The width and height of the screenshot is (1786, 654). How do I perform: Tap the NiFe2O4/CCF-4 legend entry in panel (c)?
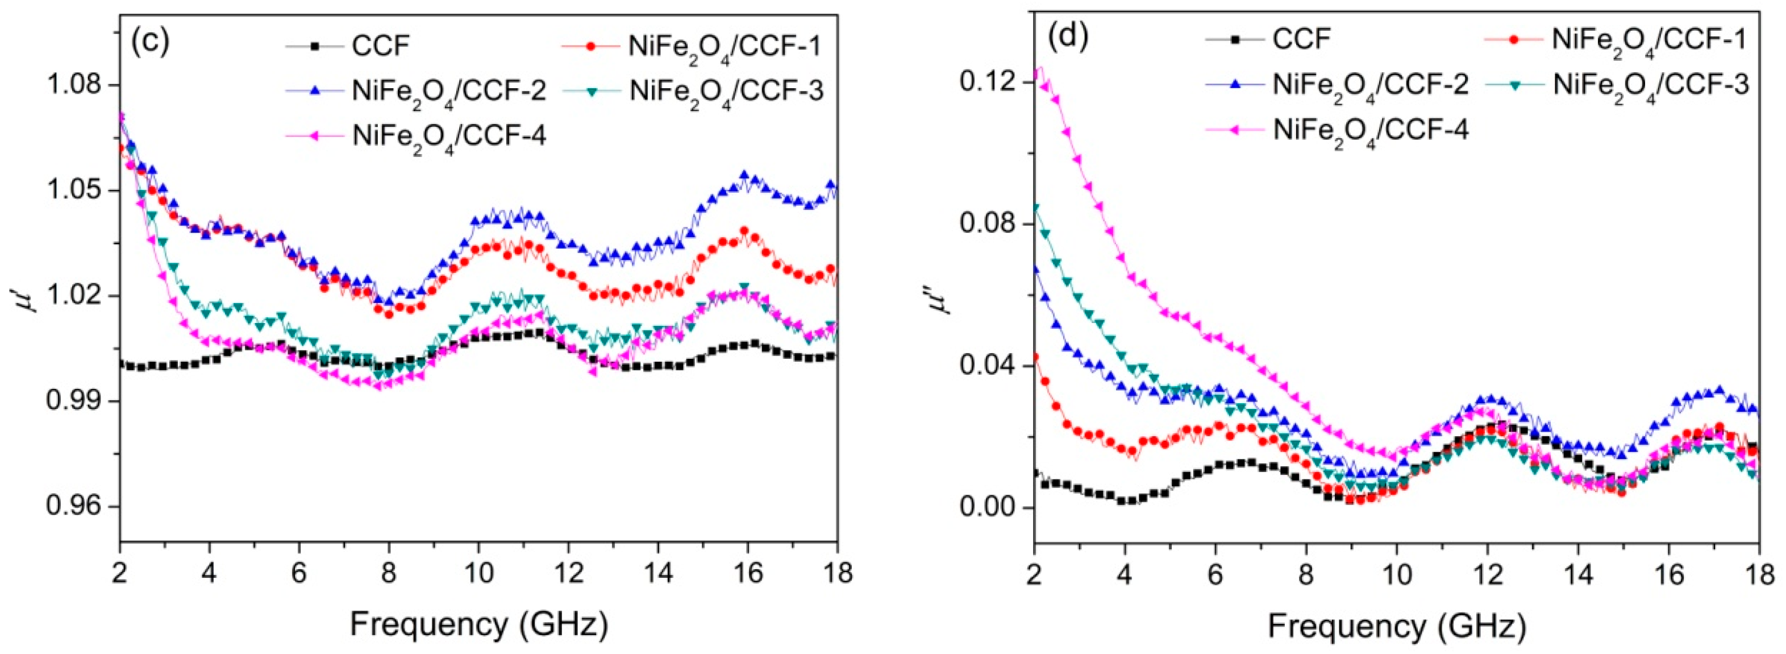tap(448, 135)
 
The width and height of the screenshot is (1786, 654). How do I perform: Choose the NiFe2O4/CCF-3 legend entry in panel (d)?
tap(1650, 85)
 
